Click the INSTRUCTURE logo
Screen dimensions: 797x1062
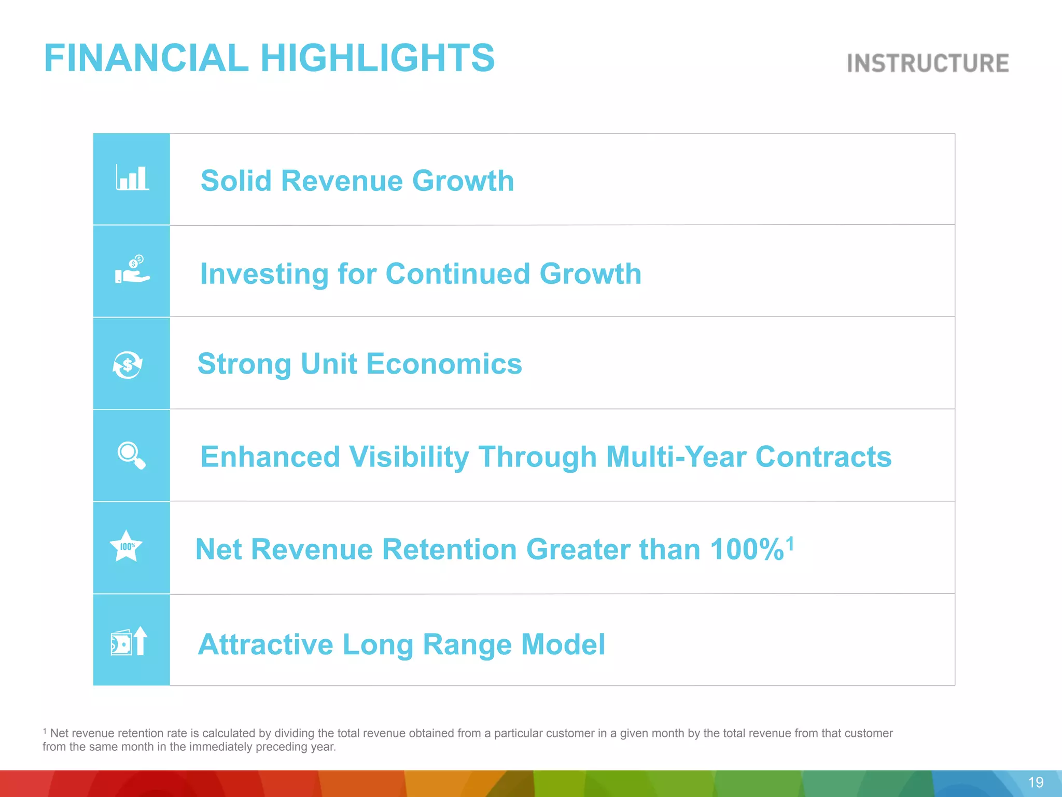927,63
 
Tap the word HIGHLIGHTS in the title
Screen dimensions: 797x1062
377,58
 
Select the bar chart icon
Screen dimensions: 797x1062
132,177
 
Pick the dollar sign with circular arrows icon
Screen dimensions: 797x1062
128,365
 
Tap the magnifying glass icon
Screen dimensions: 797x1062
131,455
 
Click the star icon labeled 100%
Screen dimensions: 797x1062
126,546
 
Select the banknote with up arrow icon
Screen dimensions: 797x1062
129,641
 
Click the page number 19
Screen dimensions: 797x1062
1035,782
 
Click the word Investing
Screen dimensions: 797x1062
264,274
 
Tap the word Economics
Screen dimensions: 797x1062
444,364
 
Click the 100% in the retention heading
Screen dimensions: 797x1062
746,549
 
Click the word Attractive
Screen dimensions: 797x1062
265,644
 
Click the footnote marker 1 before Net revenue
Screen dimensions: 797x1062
45,731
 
